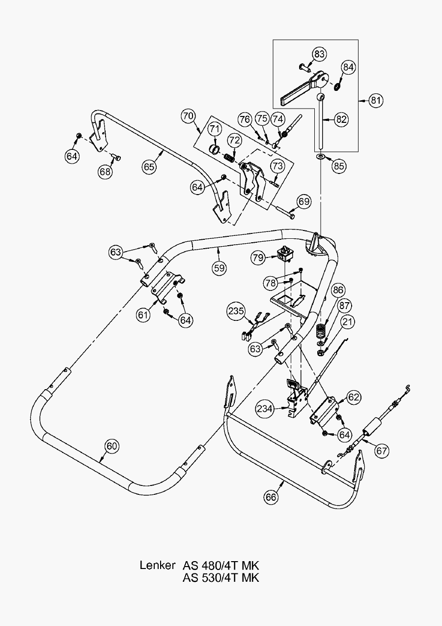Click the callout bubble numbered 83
320,54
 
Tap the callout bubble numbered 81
376,100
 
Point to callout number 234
265,408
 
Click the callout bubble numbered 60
112,446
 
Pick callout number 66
271,497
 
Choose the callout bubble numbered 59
220,268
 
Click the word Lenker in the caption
157,565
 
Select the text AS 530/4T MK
221,577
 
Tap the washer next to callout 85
320,156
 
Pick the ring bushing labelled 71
214,148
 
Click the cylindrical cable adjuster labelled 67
372,426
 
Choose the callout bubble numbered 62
353,397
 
